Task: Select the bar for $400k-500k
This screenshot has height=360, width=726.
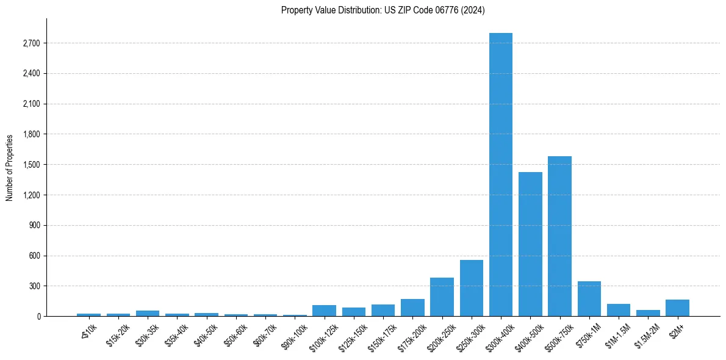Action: (530, 244)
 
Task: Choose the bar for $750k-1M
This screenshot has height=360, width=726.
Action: (589, 299)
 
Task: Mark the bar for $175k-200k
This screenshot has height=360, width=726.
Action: (412, 308)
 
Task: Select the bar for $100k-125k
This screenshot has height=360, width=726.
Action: (324, 311)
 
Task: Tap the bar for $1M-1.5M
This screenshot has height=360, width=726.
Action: (619, 310)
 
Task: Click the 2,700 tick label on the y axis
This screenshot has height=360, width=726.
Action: (31, 43)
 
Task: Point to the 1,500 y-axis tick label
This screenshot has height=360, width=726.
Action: (31, 165)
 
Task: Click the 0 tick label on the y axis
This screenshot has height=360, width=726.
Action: (38, 317)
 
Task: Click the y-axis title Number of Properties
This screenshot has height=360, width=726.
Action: (10, 167)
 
